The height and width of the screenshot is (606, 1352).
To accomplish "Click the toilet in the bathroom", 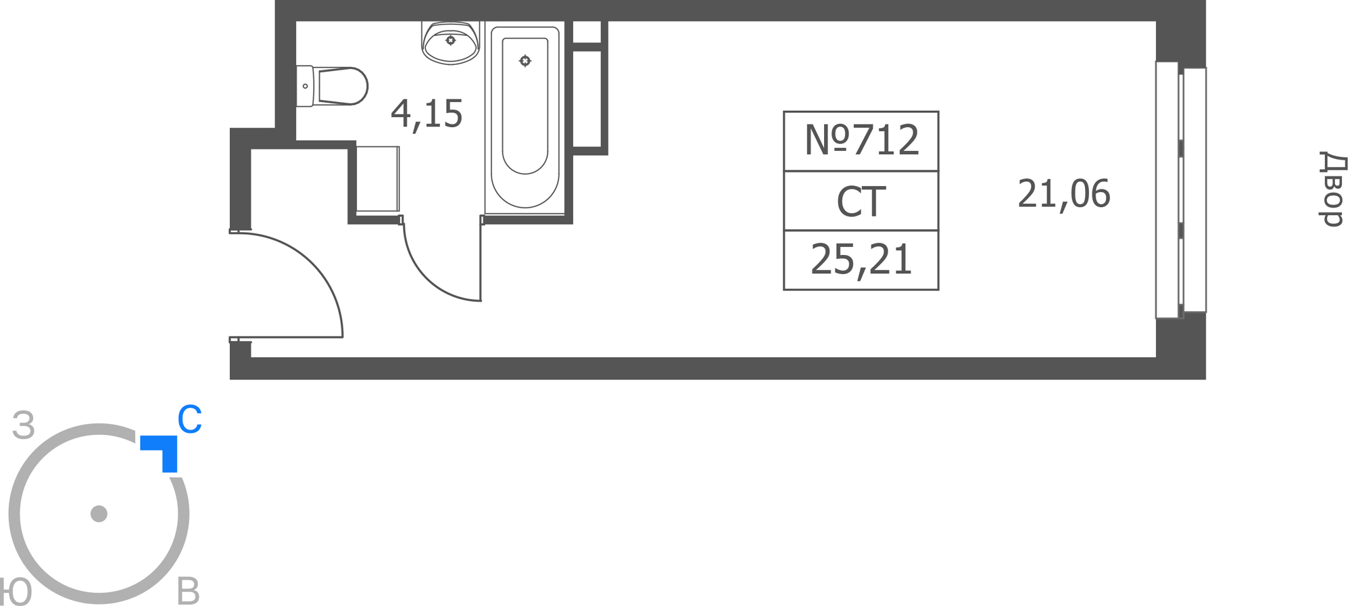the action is point(331,86).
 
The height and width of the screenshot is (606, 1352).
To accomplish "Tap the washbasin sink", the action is point(451,42).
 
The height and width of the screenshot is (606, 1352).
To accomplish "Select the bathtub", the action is point(525,118).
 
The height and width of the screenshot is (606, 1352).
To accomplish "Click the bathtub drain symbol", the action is point(525,61).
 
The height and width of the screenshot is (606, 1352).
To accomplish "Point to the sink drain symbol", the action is point(451,41).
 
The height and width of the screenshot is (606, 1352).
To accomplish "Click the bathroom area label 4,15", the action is point(427,114).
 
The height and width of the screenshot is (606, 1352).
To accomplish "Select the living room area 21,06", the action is point(1063,194).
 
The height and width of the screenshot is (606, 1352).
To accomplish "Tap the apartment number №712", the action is point(861,140).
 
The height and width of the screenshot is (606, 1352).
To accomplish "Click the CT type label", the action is point(861,201).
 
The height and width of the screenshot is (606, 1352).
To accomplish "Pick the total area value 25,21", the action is point(861,260).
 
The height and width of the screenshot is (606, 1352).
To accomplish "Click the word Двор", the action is point(1332,189).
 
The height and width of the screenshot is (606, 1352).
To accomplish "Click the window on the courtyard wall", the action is point(1180,189).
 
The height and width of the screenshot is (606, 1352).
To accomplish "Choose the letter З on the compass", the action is point(24,425).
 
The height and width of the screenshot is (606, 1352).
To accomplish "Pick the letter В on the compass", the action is point(188,591).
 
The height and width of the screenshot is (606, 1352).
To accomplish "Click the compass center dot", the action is point(99,514).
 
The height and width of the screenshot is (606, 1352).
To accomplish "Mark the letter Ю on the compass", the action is point(15,592).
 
